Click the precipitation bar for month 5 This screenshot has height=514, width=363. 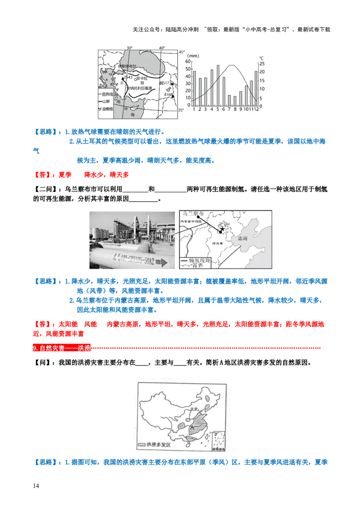(218, 85)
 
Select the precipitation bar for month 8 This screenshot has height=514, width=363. (235, 101)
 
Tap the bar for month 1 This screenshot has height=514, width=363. (194, 88)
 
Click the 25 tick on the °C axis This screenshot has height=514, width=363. (262, 64)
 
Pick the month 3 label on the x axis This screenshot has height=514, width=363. (206, 109)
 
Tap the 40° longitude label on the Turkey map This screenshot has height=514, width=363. (162, 48)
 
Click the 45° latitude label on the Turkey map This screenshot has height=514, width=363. (181, 52)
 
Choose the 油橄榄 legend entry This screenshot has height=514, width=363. (108, 109)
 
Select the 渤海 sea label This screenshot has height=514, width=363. (240, 238)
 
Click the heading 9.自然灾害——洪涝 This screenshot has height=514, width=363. (62, 348)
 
